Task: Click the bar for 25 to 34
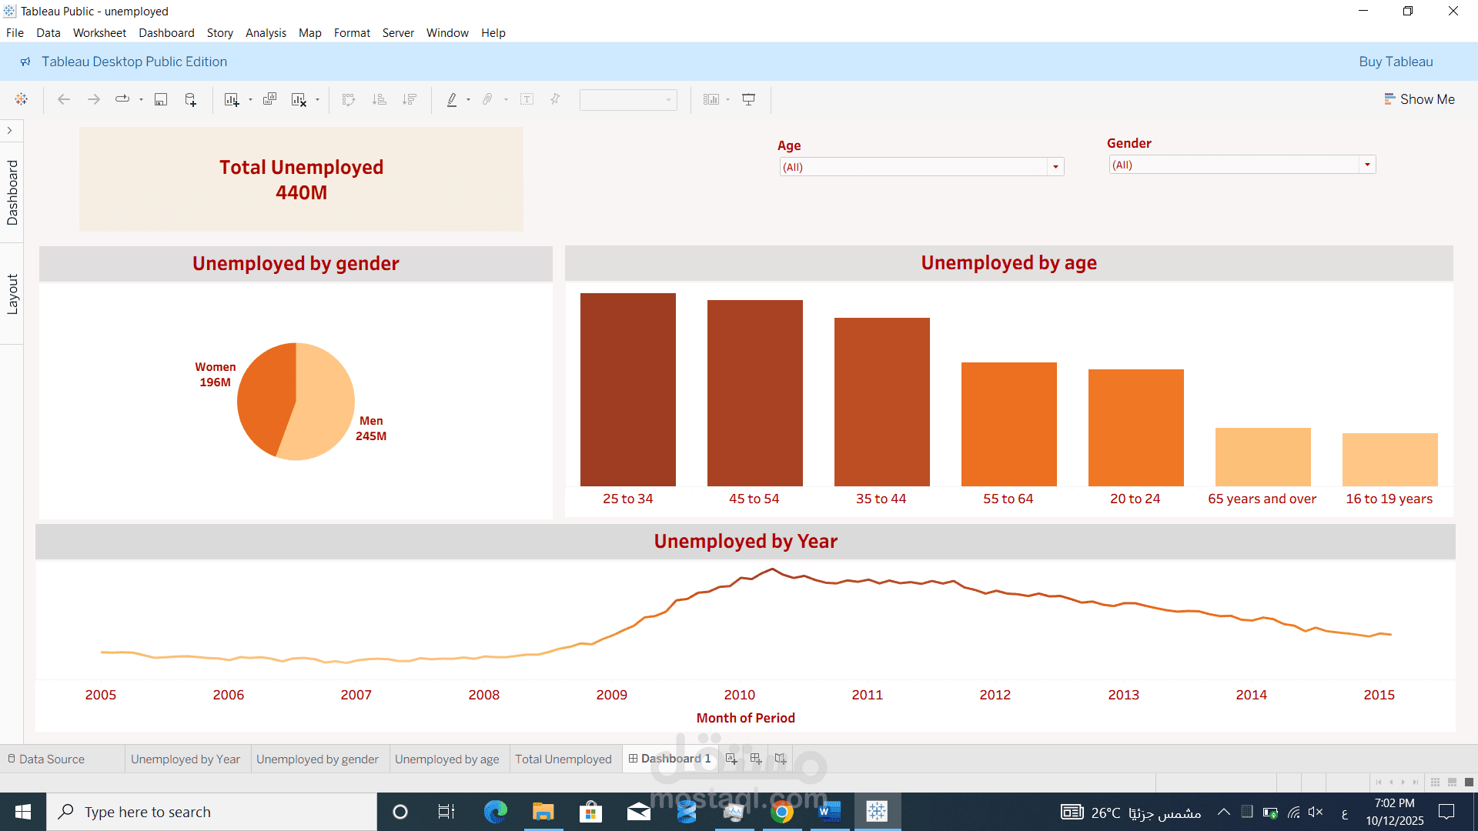point(627,389)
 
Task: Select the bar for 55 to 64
point(1008,424)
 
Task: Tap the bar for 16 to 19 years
point(1389,459)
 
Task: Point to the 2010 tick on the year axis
point(739,695)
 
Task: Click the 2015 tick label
point(1379,695)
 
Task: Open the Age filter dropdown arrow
point(1055,167)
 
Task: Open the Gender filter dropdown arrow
point(1367,165)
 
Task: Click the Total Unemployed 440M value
point(301,192)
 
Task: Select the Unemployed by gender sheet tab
point(317,759)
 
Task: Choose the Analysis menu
point(266,33)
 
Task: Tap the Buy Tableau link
point(1395,62)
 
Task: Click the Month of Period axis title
point(745,718)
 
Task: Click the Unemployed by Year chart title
point(745,542)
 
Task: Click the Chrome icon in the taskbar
point(782,812)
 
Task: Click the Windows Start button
point(23,812)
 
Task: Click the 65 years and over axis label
point(1262,499)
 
